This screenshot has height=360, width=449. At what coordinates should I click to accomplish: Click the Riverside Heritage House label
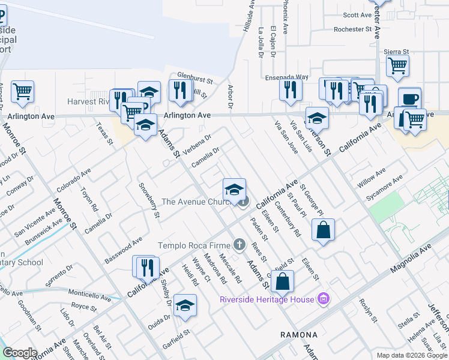click(x=267, y=299)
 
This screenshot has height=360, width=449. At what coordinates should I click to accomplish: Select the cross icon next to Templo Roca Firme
click(x=240, y=244)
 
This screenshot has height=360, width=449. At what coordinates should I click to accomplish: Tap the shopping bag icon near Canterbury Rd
click(x=323, y=230)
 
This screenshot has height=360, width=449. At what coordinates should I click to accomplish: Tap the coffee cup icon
click(x=410, y=98)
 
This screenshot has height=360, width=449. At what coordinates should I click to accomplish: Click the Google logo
click(x=20, y=353)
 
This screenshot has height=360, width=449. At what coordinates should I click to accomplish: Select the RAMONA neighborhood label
click(x=299, y=334)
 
